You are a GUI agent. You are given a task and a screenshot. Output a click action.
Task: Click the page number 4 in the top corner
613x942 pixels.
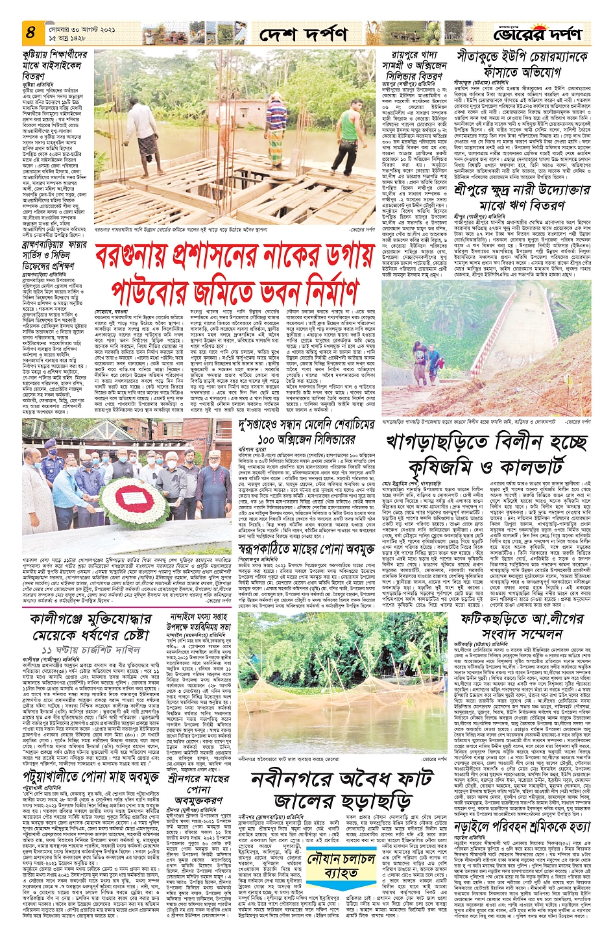[30, 31]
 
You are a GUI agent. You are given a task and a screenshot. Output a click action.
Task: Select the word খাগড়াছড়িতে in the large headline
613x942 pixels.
[437, 443]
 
